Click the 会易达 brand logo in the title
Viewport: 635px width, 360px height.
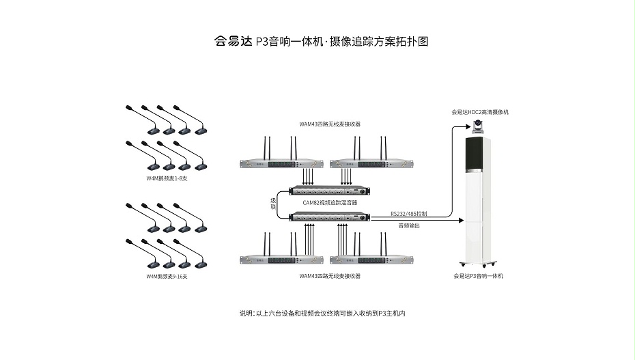click(x=233, y=41)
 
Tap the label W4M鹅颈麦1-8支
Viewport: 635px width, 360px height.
click(x=167, y=178)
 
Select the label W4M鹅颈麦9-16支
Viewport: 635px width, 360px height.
click(x=167, y=277)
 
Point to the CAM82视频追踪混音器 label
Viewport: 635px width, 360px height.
click(x=330, y=203)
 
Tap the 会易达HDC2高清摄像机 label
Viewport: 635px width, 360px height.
click(x=480, y=111)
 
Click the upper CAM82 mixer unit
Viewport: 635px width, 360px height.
click(x=330, y=191)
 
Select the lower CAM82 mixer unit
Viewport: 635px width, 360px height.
click(x=330, y=217)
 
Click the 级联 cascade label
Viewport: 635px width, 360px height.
click(x=273, y=203)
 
